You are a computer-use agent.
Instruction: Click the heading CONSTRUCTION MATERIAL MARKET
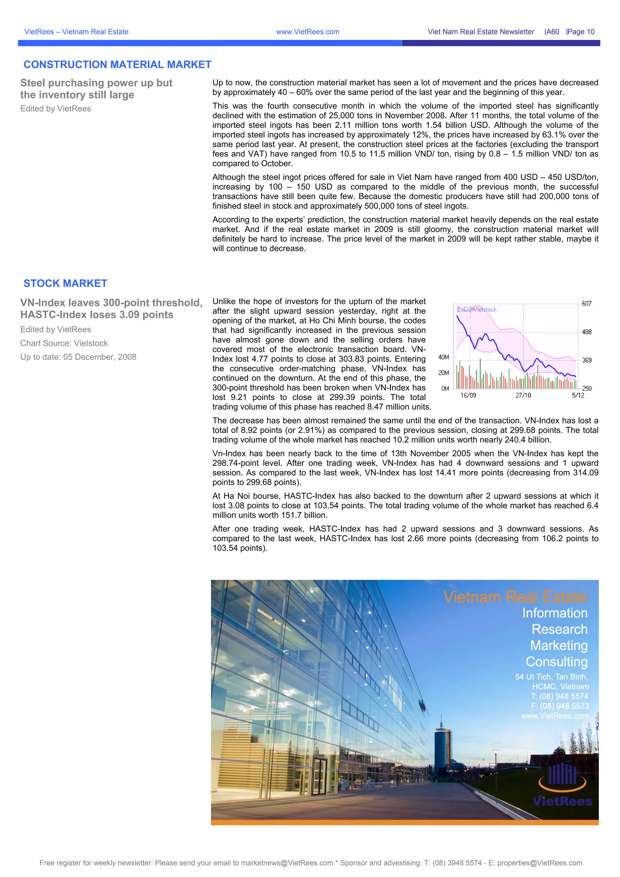117,64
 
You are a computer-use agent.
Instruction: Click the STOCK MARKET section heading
65,284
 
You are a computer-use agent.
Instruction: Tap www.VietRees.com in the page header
308,32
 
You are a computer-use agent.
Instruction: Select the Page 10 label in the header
581,32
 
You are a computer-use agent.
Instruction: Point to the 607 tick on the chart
586,304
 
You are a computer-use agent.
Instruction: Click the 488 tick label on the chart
586,332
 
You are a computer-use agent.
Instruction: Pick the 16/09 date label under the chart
468,395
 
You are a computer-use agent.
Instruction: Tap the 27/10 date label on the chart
523,395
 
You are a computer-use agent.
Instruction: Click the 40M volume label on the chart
444,357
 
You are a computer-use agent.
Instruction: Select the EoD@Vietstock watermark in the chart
477,309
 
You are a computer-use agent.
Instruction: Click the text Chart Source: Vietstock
64,343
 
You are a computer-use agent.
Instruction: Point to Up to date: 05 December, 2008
78,357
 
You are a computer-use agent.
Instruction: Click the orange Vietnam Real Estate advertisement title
515,597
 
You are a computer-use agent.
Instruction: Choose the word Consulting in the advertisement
557,662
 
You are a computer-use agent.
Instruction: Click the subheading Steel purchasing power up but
96,83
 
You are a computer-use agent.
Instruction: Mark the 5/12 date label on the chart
578,395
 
